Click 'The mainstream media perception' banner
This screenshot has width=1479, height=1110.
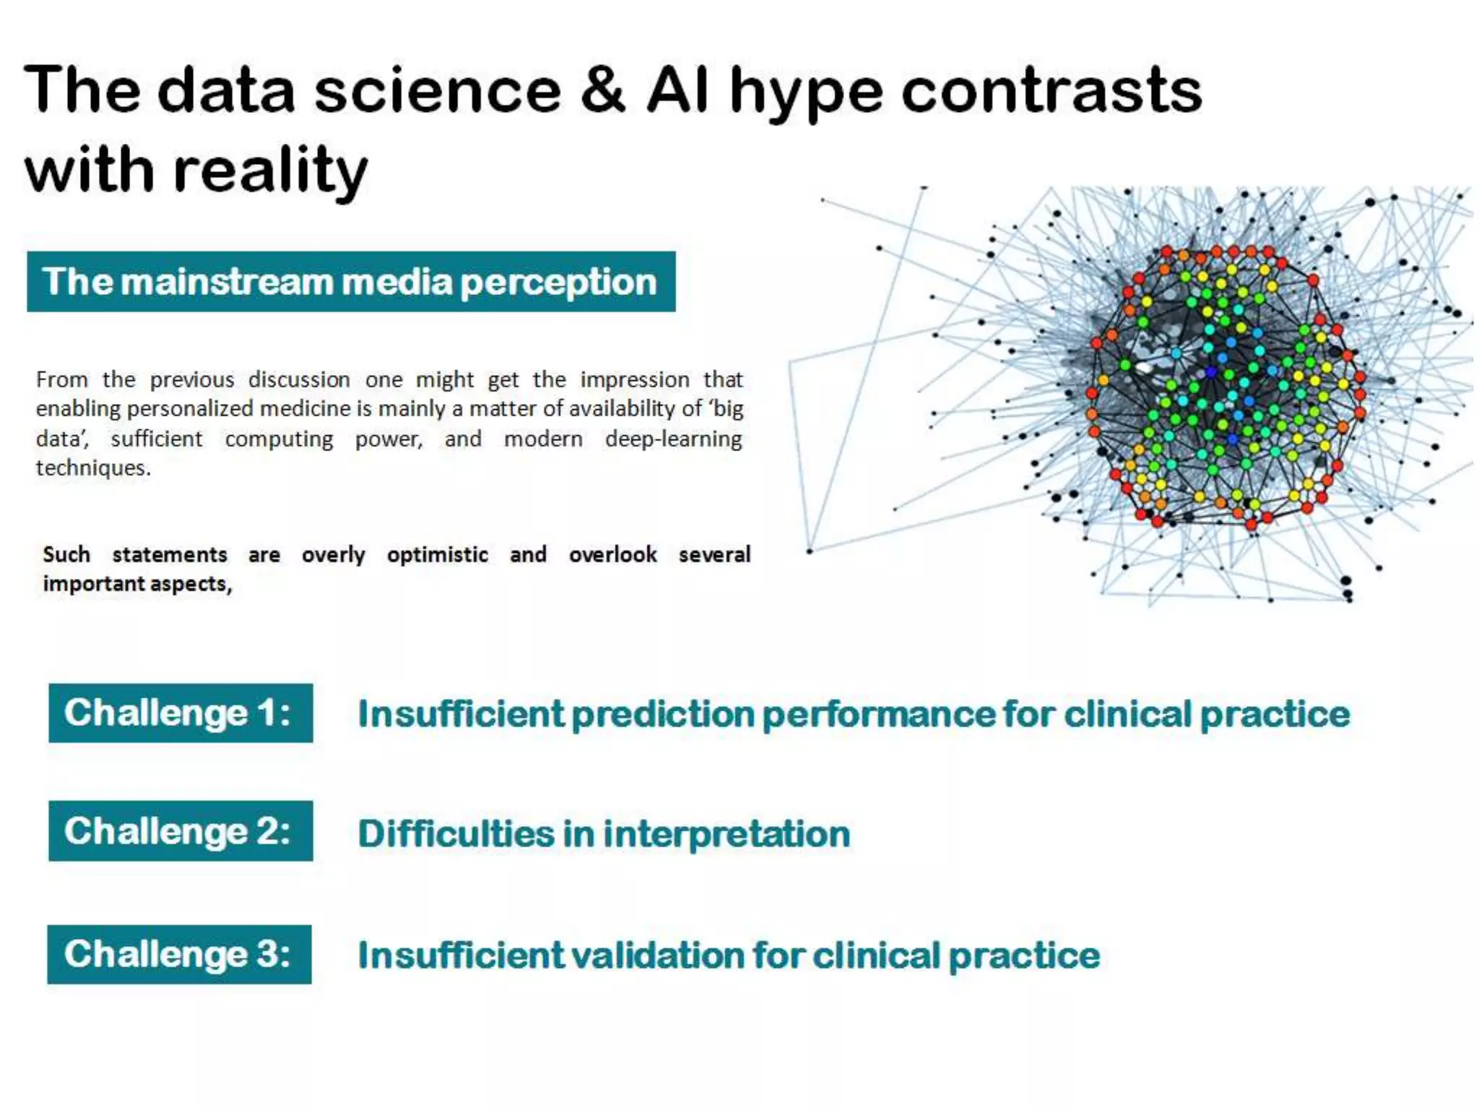coord(351,282)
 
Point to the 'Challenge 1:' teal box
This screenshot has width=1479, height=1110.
coord(181,713)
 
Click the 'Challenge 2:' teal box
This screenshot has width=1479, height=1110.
coord(181,831)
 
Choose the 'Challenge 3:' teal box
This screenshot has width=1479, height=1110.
coord(179,954)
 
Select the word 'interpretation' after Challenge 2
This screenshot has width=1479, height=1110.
coord(727,833)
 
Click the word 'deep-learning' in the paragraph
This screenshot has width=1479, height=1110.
coord(673,439)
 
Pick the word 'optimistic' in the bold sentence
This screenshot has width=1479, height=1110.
coord(437,555)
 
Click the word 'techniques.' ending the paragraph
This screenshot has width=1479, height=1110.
coord(93,468)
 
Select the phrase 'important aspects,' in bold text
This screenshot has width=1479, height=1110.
coord(137,584)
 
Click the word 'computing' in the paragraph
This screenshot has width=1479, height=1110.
coord(279,439)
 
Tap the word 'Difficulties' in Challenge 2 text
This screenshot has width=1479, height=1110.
coord(456,833)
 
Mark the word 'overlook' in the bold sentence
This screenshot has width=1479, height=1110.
coord(612,555)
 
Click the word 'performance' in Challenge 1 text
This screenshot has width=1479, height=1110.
coord(877,714)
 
